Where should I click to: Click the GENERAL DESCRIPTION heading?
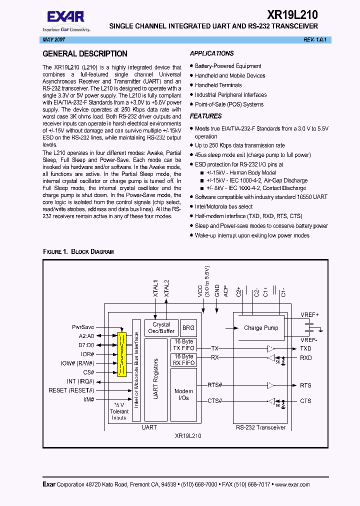tap(85, 54)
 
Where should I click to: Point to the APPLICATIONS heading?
tap(211, 53)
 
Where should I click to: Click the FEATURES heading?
tap(205, 116)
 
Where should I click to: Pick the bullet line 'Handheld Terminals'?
tap(218, 85)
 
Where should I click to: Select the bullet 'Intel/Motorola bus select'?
tap(223, 206)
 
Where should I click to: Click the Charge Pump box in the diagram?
tap(260, 328)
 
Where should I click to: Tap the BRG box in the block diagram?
tap(188, 327)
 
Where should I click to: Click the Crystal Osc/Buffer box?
tap(161, 327)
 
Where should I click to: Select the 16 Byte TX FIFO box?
tap(183, 345)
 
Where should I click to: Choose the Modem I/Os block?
tap(183, 394)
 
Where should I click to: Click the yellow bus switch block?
tap(122, 353)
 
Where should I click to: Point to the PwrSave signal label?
tap(83, 326)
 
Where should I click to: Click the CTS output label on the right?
tap(305, 401)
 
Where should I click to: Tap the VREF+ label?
tap(309, 314)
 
